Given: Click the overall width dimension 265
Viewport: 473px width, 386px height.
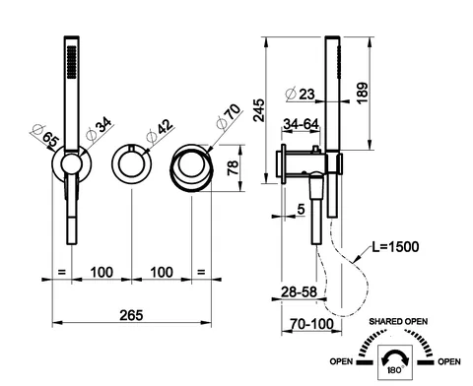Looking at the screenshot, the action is tap(131, 315).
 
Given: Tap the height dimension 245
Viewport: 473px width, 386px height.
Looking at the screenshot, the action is tap(259, 110).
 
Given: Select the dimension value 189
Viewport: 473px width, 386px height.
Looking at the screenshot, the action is tap(363, 94).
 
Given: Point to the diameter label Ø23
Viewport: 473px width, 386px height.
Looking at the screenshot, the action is tap(301, 95).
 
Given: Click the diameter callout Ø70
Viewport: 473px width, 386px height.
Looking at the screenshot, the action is tap(229, 116).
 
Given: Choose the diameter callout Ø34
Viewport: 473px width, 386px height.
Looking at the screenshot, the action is tap(99, 129).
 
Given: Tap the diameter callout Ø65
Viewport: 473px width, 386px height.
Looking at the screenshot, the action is tap(45, 136).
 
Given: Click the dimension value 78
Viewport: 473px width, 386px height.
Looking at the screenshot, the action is tap(233, 167).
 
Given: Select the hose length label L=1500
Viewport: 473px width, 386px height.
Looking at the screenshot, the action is tap(395, 247).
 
